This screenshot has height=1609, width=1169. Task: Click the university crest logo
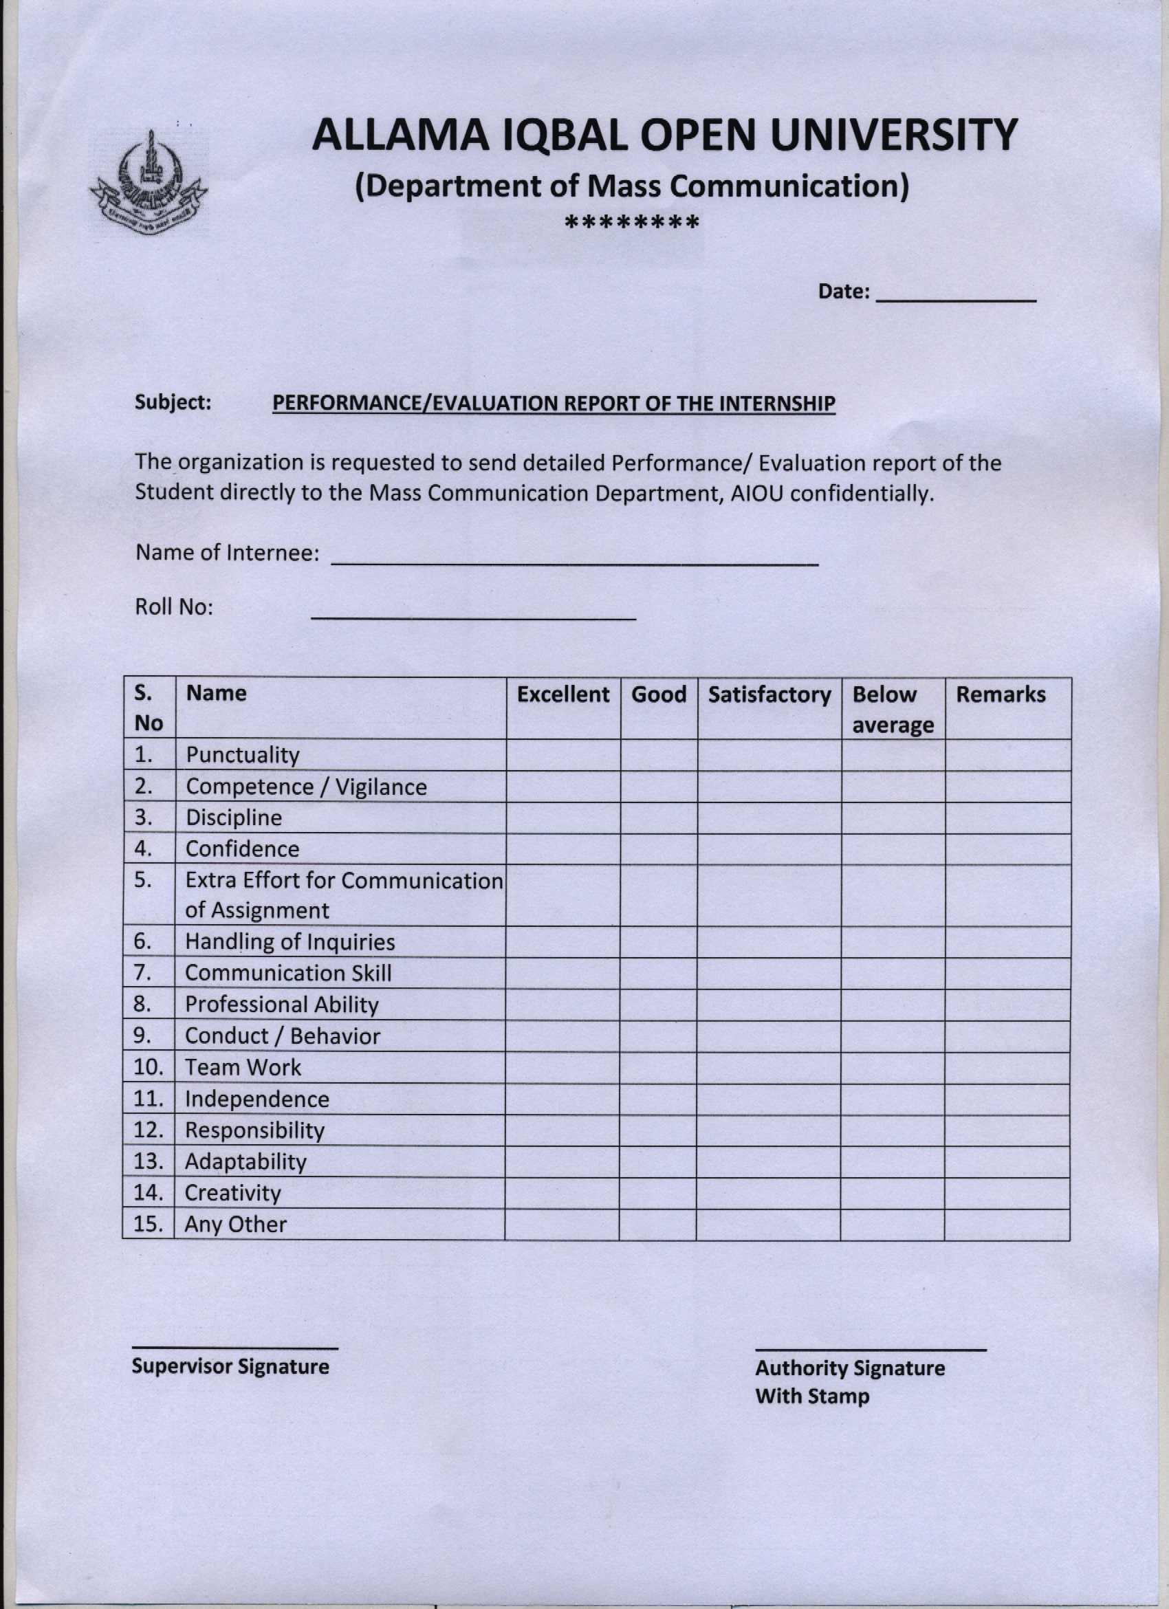click(149, 182)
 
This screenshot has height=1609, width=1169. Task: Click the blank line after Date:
click(957, 298)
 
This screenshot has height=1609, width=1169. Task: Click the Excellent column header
click(562, 694)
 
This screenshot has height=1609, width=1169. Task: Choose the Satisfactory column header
click(769, 694)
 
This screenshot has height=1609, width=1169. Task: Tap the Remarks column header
click(1000, 694)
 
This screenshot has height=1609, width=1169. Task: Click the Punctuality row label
click(243, 755)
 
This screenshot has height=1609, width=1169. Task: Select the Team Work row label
click(243, 1067)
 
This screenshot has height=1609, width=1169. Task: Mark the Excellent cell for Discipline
click(562, 818)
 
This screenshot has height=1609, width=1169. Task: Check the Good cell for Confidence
click(658, 849)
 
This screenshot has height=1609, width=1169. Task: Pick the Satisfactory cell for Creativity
click(768, 1192)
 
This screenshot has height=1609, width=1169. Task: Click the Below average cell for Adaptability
click(893, 1161)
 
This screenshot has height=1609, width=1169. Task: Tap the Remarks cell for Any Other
click(1007, 1224)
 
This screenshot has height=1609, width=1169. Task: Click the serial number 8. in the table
click(143, 1004)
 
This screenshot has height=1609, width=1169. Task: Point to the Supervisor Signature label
click(230, 1366)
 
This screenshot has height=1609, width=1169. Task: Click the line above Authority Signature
click(871, 1348)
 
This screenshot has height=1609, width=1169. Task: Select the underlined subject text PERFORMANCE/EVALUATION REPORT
click(554, 403)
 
